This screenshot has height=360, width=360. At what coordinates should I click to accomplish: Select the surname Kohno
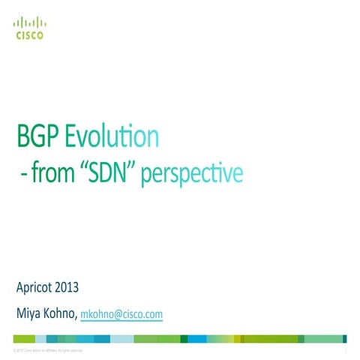point(60,314)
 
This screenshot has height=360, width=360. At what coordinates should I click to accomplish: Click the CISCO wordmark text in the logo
point(29,34)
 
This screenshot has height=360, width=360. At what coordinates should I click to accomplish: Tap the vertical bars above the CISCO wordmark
point(29,22)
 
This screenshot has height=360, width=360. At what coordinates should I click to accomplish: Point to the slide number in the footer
point(346,350)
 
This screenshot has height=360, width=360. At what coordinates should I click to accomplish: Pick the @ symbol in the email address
point(115,315)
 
